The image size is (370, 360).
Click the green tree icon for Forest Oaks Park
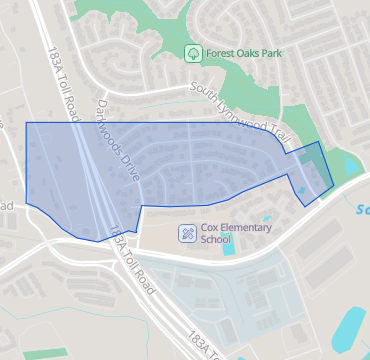192,52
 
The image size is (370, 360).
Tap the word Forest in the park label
221,52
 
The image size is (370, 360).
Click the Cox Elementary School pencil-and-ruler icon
187,233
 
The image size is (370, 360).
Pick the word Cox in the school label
210,228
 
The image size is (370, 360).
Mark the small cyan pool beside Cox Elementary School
229,246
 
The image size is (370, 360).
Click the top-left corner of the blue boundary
25,123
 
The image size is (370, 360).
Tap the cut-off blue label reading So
362,210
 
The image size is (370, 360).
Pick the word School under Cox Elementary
215,240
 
